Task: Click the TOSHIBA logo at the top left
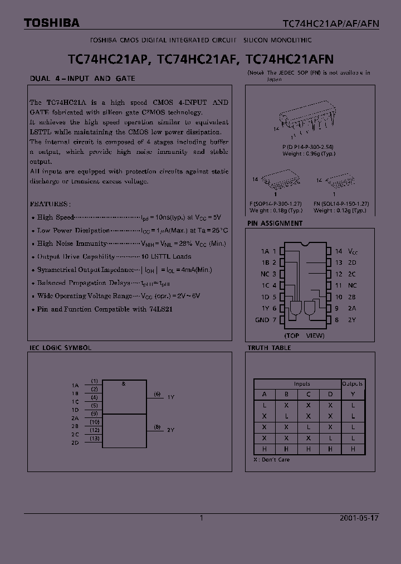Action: (51, 23)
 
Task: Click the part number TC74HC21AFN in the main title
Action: (290, 58)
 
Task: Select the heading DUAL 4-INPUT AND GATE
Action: (82, 79)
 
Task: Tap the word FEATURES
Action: (50, 204)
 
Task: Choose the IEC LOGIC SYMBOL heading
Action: (60, 348)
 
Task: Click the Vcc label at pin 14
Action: (353, 251)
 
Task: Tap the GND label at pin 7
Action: (262, 320)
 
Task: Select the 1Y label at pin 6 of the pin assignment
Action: (265, 308)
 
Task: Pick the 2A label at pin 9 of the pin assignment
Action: (352, 308)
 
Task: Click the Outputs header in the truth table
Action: (352, 383)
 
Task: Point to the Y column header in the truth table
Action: (353, 394)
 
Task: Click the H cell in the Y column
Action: (353, 448)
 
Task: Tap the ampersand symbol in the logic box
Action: (123, 383)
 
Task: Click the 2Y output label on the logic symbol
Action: (171, 430)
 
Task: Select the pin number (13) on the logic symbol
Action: (95, 439)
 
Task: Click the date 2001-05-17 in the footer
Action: (359, 518)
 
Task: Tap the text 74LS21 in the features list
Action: (162, 309)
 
